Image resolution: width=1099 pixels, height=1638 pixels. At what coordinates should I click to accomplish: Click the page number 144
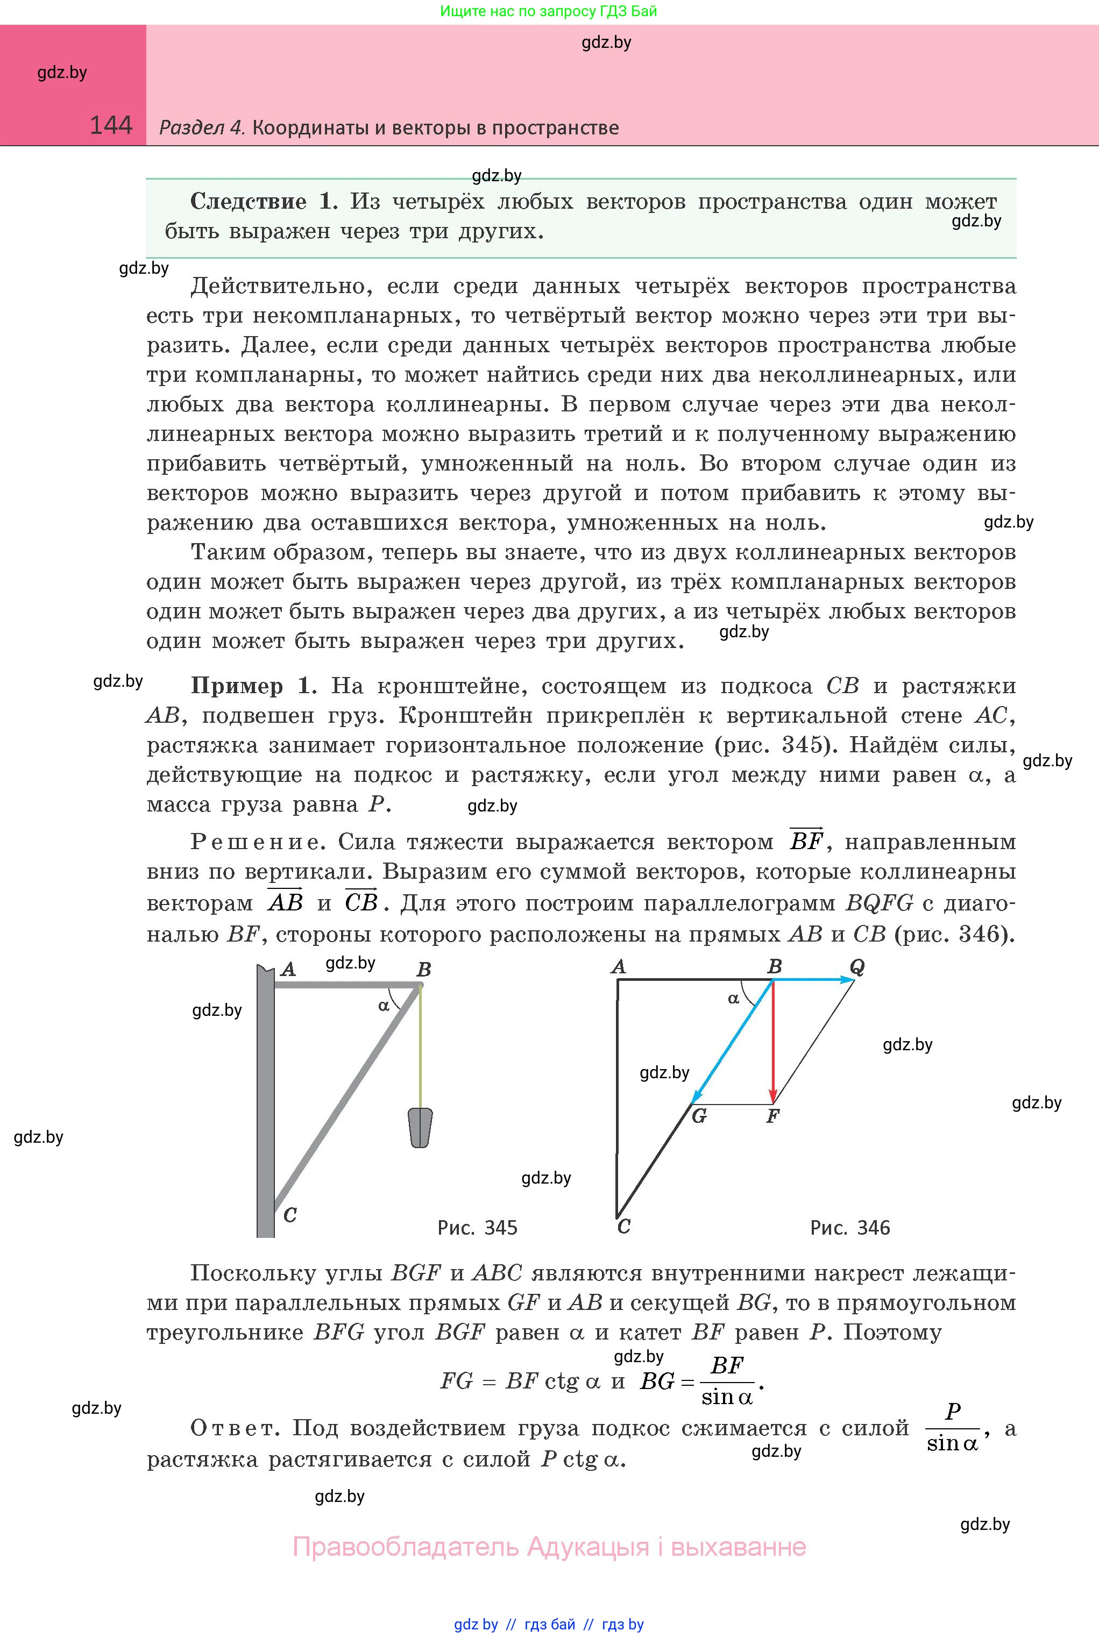111,125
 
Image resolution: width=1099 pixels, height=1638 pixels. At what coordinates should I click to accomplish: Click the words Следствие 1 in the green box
264,202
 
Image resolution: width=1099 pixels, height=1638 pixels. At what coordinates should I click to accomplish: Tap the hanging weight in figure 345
421,1127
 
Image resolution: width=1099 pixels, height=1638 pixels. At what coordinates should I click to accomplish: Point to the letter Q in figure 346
856,967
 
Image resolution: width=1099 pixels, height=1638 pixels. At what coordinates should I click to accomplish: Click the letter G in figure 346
699,1116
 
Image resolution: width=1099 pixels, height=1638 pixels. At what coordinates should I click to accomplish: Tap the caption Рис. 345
477,1228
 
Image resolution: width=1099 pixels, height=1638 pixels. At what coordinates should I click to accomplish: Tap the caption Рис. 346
849,1228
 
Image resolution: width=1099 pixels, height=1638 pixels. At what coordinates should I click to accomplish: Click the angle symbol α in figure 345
384,1006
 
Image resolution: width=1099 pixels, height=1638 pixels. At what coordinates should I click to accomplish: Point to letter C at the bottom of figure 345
290,1215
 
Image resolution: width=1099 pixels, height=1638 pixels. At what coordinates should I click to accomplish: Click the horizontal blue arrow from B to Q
813,980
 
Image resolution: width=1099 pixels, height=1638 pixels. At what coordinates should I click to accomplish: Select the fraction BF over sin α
727,1381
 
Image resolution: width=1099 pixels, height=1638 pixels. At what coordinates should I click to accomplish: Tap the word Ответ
234,1427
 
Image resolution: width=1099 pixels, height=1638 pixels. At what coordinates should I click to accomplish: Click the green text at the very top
549,11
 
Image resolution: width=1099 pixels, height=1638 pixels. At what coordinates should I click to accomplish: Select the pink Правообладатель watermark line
549,1546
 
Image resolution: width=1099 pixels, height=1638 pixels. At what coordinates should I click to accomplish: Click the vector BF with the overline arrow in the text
806,840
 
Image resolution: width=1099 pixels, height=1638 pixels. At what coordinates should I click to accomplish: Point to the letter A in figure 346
618,967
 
